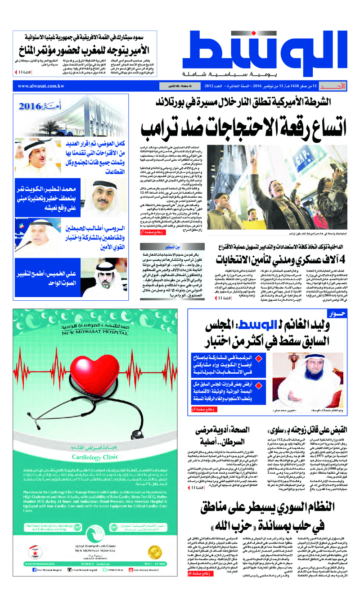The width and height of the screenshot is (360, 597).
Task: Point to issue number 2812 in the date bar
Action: coord(212,86)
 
